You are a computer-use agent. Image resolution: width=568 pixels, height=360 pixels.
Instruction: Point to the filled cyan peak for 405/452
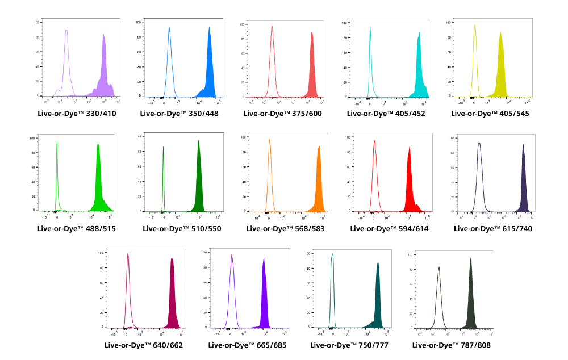point(419,74)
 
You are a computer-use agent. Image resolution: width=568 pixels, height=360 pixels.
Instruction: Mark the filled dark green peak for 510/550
point(199,182)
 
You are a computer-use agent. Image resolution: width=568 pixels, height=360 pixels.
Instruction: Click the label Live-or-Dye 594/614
point(386,229)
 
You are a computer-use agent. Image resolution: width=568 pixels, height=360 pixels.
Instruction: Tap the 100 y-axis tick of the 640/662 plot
point(101,252)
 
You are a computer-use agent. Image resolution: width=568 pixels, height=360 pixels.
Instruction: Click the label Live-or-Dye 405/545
point(490,114)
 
